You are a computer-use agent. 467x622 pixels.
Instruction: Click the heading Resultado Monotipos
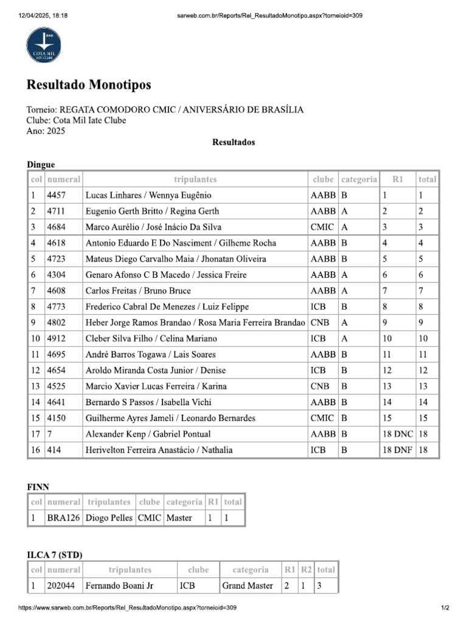88,84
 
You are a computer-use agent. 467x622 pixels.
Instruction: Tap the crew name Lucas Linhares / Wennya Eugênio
140,196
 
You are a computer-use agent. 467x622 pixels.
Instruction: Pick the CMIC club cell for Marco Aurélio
322,227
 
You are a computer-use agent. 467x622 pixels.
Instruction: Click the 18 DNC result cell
396,434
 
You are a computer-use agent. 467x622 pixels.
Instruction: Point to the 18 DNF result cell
396,449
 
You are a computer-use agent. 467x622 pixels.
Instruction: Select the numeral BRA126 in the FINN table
63,518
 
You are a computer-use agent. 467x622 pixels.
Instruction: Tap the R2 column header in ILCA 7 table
306,570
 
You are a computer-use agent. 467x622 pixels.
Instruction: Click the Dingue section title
41,164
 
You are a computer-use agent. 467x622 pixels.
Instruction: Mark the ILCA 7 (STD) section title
55,555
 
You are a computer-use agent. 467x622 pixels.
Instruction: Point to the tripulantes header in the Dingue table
195,179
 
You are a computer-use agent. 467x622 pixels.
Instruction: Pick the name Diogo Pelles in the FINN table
109,518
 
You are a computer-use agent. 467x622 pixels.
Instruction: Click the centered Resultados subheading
233,142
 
